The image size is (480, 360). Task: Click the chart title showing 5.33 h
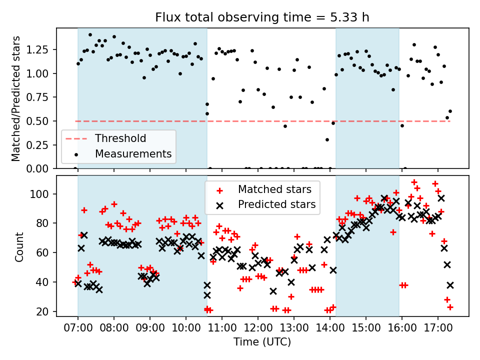(262, 17)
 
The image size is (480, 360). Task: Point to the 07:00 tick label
(78, 328)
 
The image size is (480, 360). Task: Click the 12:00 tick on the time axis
(258, 328)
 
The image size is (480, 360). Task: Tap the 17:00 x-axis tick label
(438, 328)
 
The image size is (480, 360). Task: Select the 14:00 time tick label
(329, 328)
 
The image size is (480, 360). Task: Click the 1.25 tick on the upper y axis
(37, 49)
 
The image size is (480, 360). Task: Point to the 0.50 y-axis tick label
(37, 121)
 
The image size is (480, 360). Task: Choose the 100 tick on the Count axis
(39, 194)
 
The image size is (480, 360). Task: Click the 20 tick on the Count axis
(42, 311)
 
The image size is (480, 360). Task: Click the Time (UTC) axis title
(262, 341)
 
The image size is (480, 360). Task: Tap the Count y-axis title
(19, 246)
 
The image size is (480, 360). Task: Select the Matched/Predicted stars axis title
(16, 98)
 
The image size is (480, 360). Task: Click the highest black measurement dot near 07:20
(90, 35)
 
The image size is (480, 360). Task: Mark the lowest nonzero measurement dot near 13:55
(327, 140)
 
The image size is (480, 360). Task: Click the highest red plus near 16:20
(414, 182)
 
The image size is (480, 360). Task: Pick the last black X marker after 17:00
(450, 285)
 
